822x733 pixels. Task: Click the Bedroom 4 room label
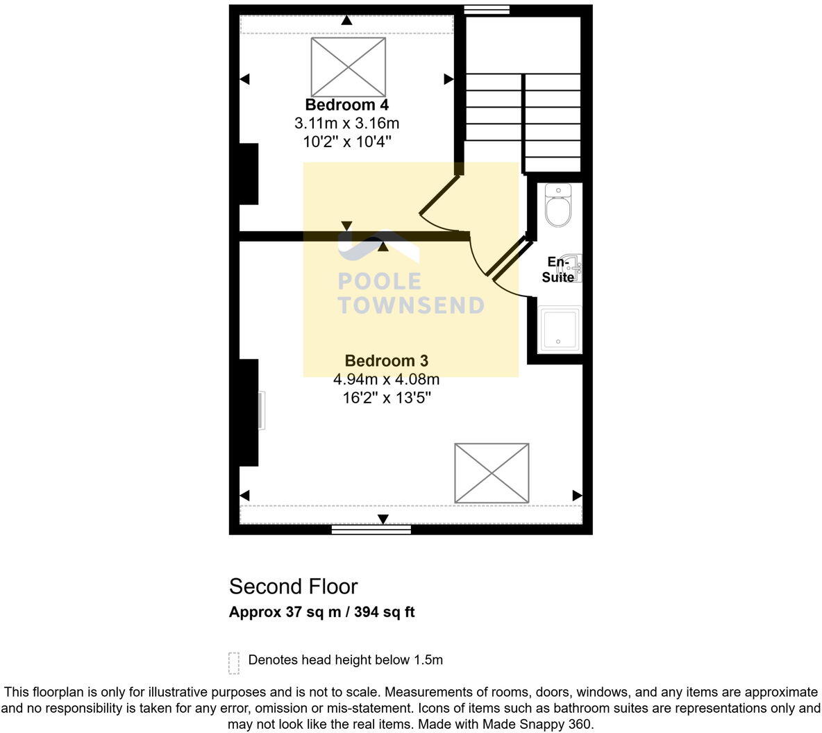pos(346,105)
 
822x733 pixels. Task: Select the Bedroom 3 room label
pos(386,361)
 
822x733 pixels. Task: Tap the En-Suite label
pos(557,269)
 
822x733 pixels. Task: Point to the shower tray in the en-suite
pos(560,330)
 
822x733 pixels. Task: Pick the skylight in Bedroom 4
pos(348,67)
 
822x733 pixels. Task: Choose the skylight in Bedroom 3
pos(492,473)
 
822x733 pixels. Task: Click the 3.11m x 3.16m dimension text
pos(346,124)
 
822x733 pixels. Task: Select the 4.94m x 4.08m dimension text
pos(386,380)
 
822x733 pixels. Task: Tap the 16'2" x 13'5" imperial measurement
pos(386,398)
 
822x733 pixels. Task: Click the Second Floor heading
pos(293,587)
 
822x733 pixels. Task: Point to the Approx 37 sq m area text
pos(321,612)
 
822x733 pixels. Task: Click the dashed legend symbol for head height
pos(234,663)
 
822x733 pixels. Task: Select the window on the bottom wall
pos(371,530)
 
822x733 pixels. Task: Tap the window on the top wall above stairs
pos(487,10)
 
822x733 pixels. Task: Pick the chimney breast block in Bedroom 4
pos(249,174)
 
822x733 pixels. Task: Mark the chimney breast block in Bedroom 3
pos(249,412)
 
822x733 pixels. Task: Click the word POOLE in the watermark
pos(379,281)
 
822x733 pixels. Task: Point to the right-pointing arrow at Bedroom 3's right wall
pos(576,496)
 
